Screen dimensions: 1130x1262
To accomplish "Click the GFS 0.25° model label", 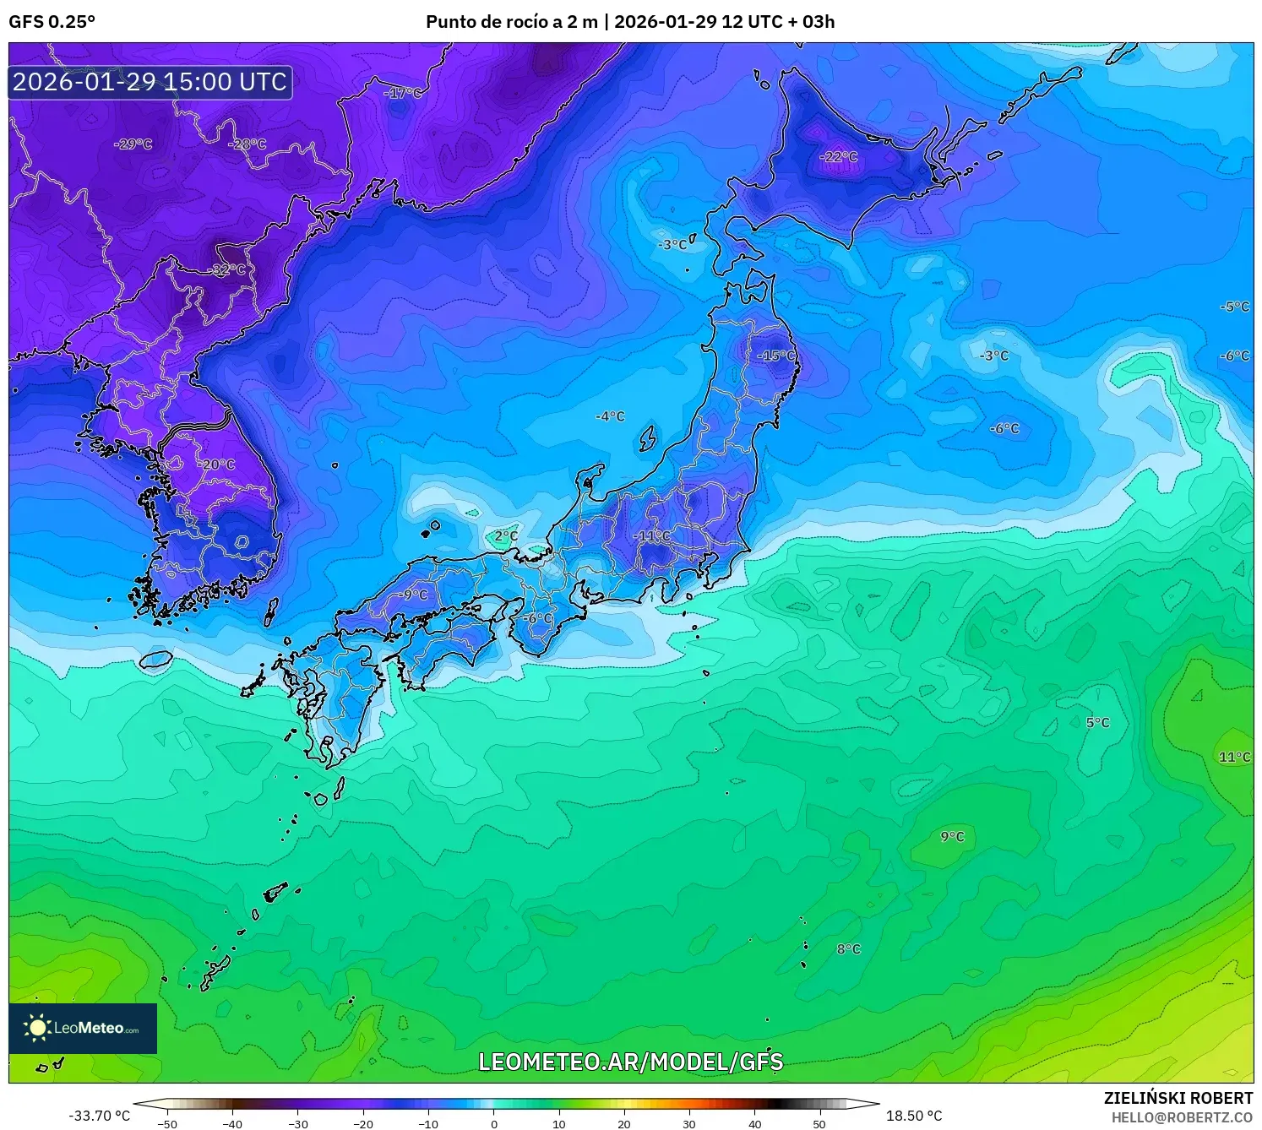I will pyautogui.click(x=52, y=22).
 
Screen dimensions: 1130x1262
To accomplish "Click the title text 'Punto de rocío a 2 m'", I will pyautogui.click(x=511, y=22).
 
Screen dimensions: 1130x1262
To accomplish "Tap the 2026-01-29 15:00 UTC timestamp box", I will pyautogui.click(x=150, y=82).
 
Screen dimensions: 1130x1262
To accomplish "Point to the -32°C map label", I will pyautogui.click(x=226, y=269).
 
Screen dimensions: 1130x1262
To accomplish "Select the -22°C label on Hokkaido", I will pyautogui.click(x=838, y=157).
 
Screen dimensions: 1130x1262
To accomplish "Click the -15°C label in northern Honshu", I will pyautogui.click(x=775, y=356).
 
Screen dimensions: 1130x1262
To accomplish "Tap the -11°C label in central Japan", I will pyautogui.click(x=651, y=536).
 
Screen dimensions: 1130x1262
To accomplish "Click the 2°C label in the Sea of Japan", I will pyautogui.click(x=505, y=536).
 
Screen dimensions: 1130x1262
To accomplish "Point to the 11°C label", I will pyautogui.click(x=1234, y=757).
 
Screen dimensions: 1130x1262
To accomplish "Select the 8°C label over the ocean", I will pyautogui.click(x=848, y=949).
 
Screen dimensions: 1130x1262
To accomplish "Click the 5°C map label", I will pyautogui.click(x=1097, y=723).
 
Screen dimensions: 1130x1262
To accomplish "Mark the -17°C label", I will pyautogui.click(x=402, y=93).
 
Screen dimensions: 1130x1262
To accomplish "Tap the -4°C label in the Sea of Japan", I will pyautogui.click(x=609, y=416).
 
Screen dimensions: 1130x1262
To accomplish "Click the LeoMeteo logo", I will pyautogui.click(x=83, y=1028).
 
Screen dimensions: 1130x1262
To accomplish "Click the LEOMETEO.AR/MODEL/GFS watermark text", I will pyautogui.click(x=630, y=1062).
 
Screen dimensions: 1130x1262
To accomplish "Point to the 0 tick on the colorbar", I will pyautogui.click(x=494, y=1123).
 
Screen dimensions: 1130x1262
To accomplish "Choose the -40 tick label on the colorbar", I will pyautogui.click(x=232, y=1123).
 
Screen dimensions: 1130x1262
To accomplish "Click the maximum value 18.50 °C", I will pyautogui.click(x=913, y=1116).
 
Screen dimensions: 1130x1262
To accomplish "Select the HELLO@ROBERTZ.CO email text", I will pyautogui.click(x=1182, y=1117).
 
